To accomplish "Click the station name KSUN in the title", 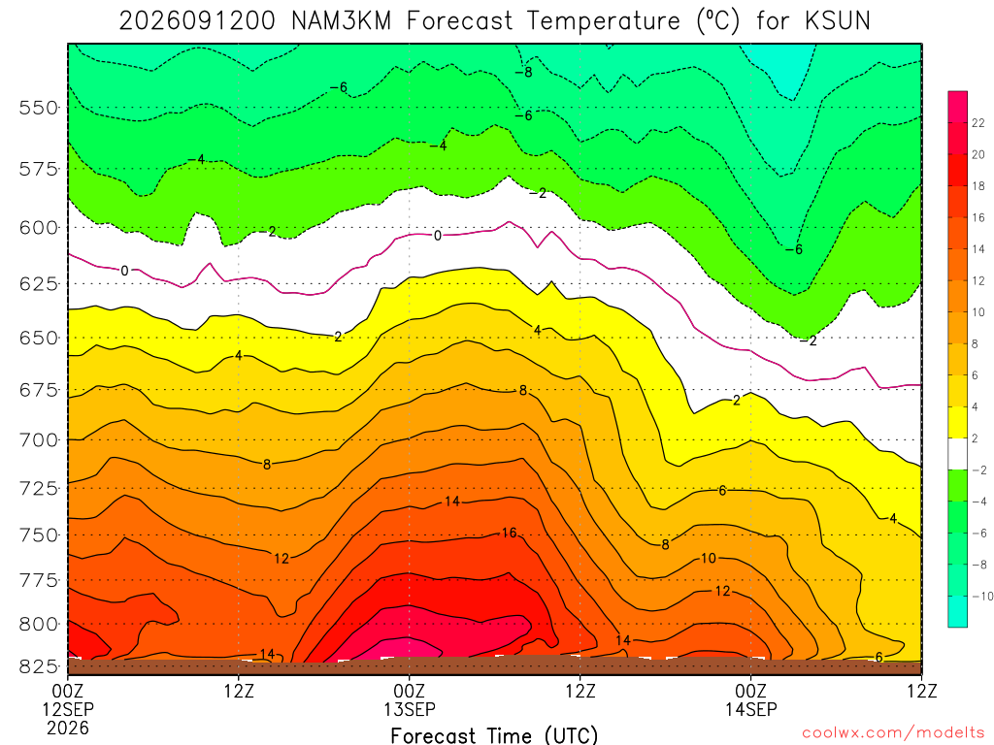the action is point(838,21).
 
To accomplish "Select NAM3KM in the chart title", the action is point(341,21).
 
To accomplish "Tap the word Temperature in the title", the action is point(602,22).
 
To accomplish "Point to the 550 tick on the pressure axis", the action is point(39,108).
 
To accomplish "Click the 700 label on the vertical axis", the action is point(39,439).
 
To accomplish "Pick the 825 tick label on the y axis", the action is point(39,666).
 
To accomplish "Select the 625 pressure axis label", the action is point(39,283).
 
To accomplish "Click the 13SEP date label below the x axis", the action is point(410,709).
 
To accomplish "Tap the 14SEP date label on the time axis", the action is point(751,709).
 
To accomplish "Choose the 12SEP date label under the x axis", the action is point(68,709).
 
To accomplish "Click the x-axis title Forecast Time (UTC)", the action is point(494,735).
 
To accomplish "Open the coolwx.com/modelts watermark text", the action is point(893,733).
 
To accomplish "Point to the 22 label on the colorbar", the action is point(978,123).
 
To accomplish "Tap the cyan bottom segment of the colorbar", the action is point(958,611).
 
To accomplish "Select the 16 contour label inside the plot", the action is point(509,533).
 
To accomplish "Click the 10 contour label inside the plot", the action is point(708,558).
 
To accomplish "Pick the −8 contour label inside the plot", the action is point(523,72).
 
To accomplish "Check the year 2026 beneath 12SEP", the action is point(68,728).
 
